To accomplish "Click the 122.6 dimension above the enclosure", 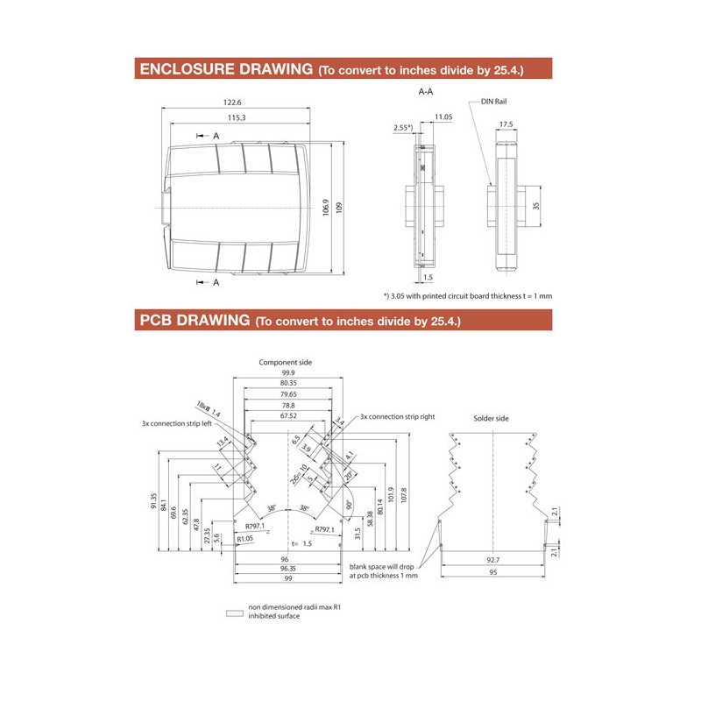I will tap(233, 103).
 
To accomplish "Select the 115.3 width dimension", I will tap(237, 117).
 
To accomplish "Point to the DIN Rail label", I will tap(494, 102).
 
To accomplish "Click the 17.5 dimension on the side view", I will tap(506, 124).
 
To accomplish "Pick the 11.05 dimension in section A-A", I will tap(443, 117).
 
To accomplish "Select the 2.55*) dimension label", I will tap(402, 127).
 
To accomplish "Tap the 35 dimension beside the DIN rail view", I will tap(535, 207).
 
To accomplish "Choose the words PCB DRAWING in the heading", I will tap(194, 320).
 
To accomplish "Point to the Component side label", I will tap(285, 362).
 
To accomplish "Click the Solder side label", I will tap(491, 419).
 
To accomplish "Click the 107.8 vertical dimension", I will tap(403, 495).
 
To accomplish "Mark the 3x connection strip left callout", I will tap(177, 423).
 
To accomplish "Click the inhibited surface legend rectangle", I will tap(234, 613).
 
